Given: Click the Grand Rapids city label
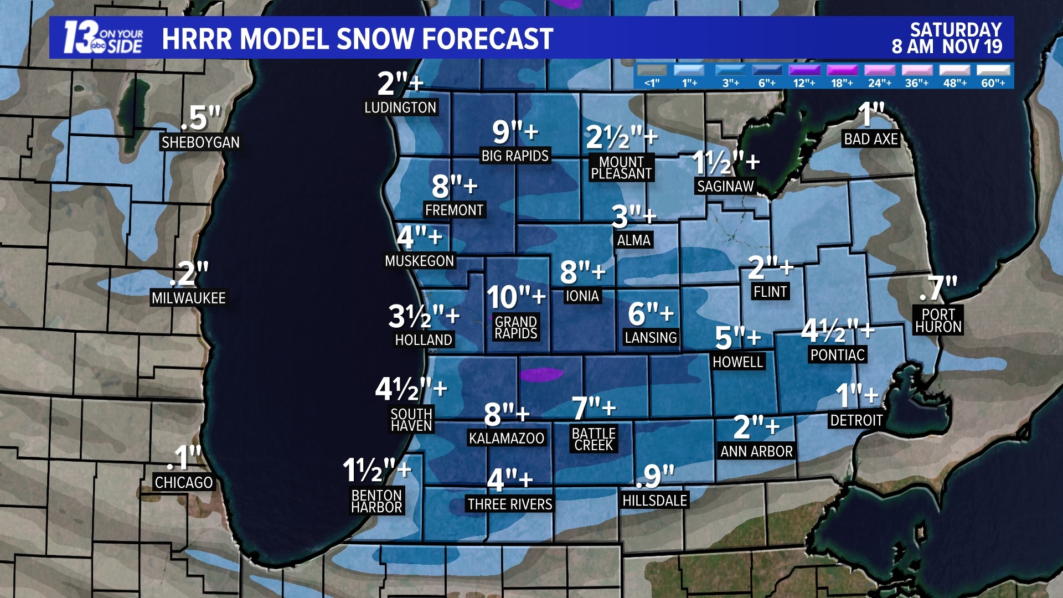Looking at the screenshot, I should point(515,328).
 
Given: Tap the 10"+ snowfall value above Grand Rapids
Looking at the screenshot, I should point(516,297).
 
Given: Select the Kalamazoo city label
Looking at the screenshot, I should point(506,438).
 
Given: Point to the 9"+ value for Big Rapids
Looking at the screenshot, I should point(515,132).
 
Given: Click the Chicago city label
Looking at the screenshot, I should point(183,482).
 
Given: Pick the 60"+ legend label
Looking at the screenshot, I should point(993,83).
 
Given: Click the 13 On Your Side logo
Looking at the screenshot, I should point(103,38).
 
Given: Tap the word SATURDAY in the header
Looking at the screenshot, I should point(956,30).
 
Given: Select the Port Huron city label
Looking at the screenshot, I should point(938,321).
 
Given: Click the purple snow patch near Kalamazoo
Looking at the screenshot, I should point(541,374).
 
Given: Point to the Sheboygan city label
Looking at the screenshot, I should point(200,142).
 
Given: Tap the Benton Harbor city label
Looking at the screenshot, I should point(376,501).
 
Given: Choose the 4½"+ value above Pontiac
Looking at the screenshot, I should point(837,331).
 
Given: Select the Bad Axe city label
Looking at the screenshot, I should point(870,139).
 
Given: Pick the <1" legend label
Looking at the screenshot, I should point(652,83).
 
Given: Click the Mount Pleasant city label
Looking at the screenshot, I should point(621,168).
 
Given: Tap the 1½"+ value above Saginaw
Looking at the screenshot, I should point(725,162).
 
